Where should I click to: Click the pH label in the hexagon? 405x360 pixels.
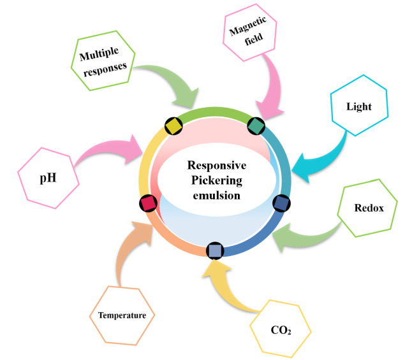pyautogui.click(x=48, y=176)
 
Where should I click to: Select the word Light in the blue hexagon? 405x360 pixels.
pyautogui.click(x=359, y=106)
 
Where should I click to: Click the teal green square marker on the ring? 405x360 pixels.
pyautogui.click(x=255, y=126)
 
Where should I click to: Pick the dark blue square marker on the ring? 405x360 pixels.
pyautogui.click(x=281, y=203)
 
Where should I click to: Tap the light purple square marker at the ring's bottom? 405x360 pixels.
pyautogui.click(x=215, y=250)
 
